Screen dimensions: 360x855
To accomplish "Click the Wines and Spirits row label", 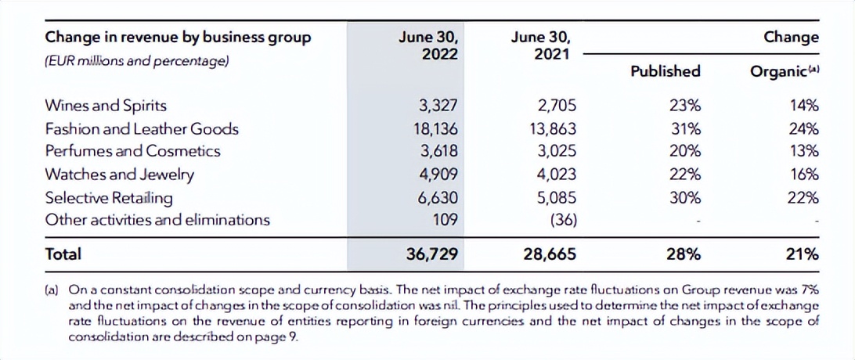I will (106, 106).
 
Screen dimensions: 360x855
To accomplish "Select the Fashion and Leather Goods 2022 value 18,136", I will (436, 128).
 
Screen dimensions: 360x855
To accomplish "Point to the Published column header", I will (665, 71).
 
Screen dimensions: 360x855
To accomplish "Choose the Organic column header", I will (784, 71).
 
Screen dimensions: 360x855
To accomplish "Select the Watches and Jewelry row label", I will (119, 174).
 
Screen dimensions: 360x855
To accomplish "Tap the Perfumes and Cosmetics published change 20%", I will (687, 151).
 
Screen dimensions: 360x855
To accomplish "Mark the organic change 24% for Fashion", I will (804, 128).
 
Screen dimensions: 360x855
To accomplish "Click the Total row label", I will (63, 254).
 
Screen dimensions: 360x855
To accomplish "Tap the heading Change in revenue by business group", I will (178, 37).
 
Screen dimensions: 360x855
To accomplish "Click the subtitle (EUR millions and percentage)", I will (136, 60).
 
